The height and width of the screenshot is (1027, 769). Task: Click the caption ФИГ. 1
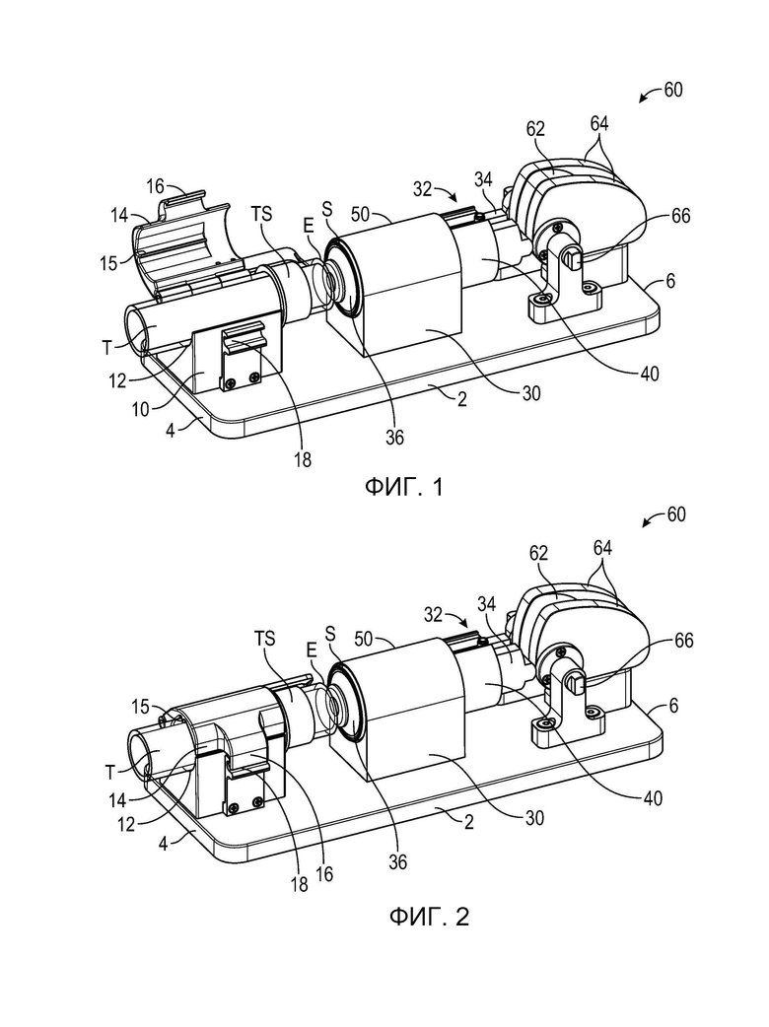403,487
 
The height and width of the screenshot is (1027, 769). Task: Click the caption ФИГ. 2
429,917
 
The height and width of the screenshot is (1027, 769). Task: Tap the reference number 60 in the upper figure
673,90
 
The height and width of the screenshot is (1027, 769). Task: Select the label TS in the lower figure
264,638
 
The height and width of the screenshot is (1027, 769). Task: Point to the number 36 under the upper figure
394,438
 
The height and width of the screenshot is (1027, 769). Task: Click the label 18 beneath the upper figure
303,460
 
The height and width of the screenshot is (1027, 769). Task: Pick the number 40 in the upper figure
649,374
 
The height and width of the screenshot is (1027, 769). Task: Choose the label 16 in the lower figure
324,873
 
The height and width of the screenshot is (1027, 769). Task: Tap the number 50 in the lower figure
365,639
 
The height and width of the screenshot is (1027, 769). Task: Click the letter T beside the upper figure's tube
107,348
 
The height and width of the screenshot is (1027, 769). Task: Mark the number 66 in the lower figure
684,640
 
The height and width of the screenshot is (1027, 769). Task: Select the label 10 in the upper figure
141,409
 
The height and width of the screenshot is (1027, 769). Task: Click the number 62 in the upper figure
535,128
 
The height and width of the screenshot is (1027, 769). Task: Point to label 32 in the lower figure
434,614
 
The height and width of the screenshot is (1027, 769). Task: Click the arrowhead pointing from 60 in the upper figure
644,99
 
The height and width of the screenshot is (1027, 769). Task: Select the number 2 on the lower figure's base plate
468,821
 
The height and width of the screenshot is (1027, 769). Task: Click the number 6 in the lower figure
674,706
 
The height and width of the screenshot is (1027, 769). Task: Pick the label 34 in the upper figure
484,179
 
